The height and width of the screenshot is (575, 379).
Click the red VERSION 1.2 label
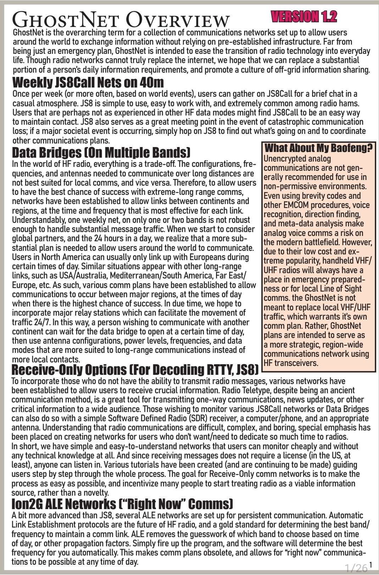pos(304,16)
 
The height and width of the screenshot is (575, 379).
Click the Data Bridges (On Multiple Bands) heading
pos(101,153)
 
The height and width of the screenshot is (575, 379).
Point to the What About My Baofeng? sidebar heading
pos(318,148)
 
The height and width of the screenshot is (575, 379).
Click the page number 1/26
pos(356,568)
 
